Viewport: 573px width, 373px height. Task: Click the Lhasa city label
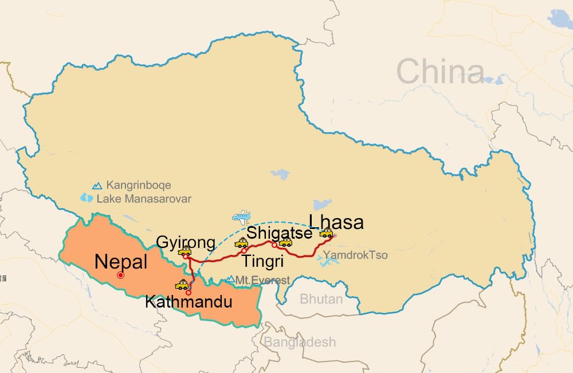point(336,222)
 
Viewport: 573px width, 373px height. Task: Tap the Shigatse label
point(279,233)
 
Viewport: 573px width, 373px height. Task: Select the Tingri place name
point(263,261)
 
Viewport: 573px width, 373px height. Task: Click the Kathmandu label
point(189,301)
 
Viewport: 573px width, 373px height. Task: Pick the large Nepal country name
point(121,262)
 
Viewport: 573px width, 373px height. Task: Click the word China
point(440,72)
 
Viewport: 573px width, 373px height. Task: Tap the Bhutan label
point(321,299)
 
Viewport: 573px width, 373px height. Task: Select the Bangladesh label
point(300,342)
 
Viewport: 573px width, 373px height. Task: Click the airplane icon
point(241,217)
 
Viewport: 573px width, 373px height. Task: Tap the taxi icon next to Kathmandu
point(182,285)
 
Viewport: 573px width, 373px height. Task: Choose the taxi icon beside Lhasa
point(326,233)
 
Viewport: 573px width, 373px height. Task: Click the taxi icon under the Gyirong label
point(185,251)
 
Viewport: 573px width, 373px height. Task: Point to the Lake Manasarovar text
point(144,199)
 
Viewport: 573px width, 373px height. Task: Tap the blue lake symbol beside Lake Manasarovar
point(87,198)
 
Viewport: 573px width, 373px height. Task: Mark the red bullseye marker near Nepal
point(120,275)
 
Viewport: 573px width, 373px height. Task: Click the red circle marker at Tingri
point(244,251)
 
